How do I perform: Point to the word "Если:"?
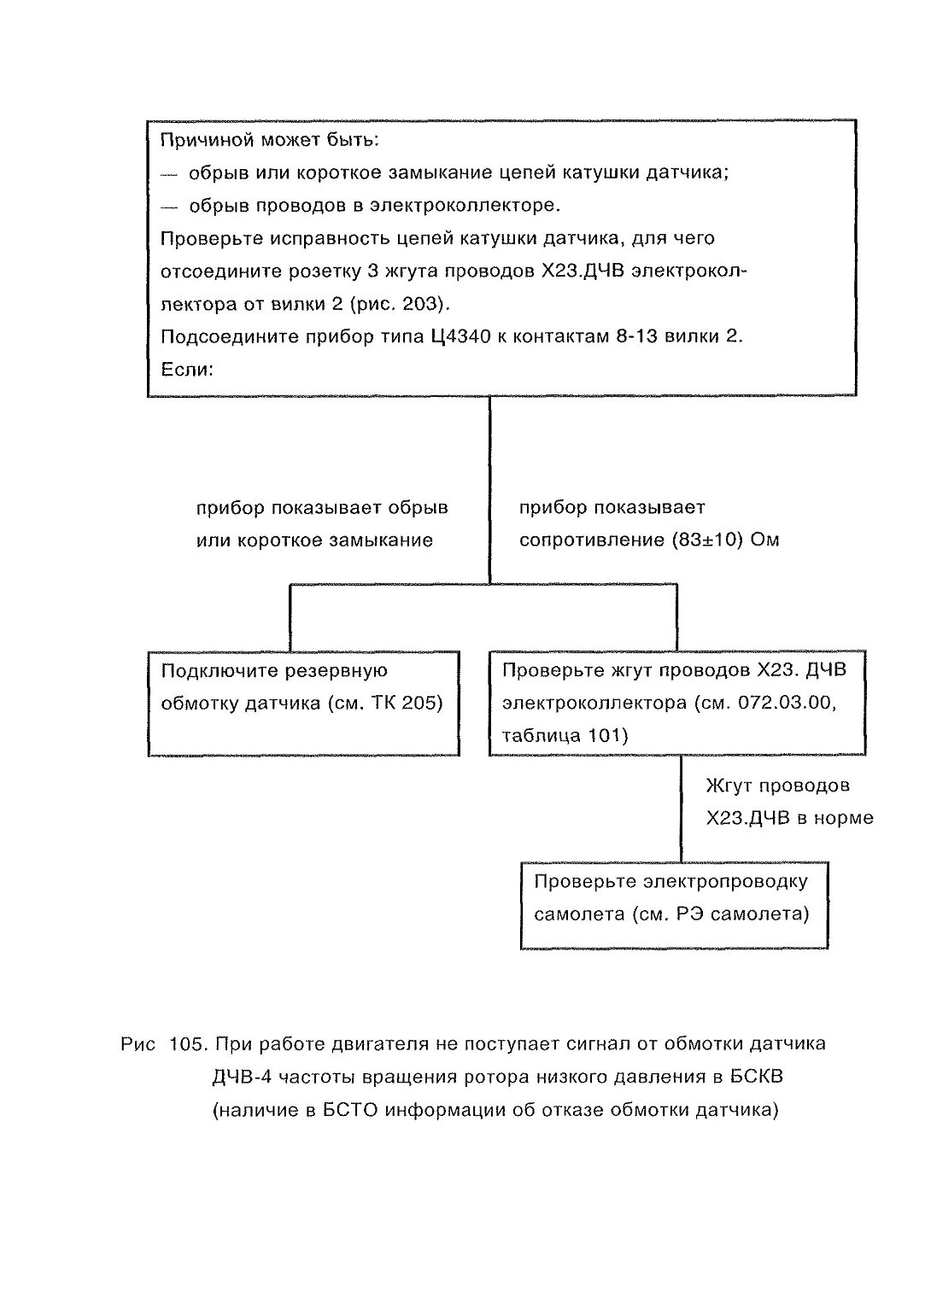tap(187, 370)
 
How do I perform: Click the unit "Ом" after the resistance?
tap(764, 540)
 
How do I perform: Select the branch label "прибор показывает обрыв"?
tap(322, 507)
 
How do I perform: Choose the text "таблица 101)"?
tap(565, 736)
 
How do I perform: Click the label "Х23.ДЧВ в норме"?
tap(789, 818)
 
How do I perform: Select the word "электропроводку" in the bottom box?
tap(725, 882)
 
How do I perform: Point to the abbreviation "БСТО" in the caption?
tap(350, 1111)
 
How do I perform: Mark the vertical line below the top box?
tap(490, 490)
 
